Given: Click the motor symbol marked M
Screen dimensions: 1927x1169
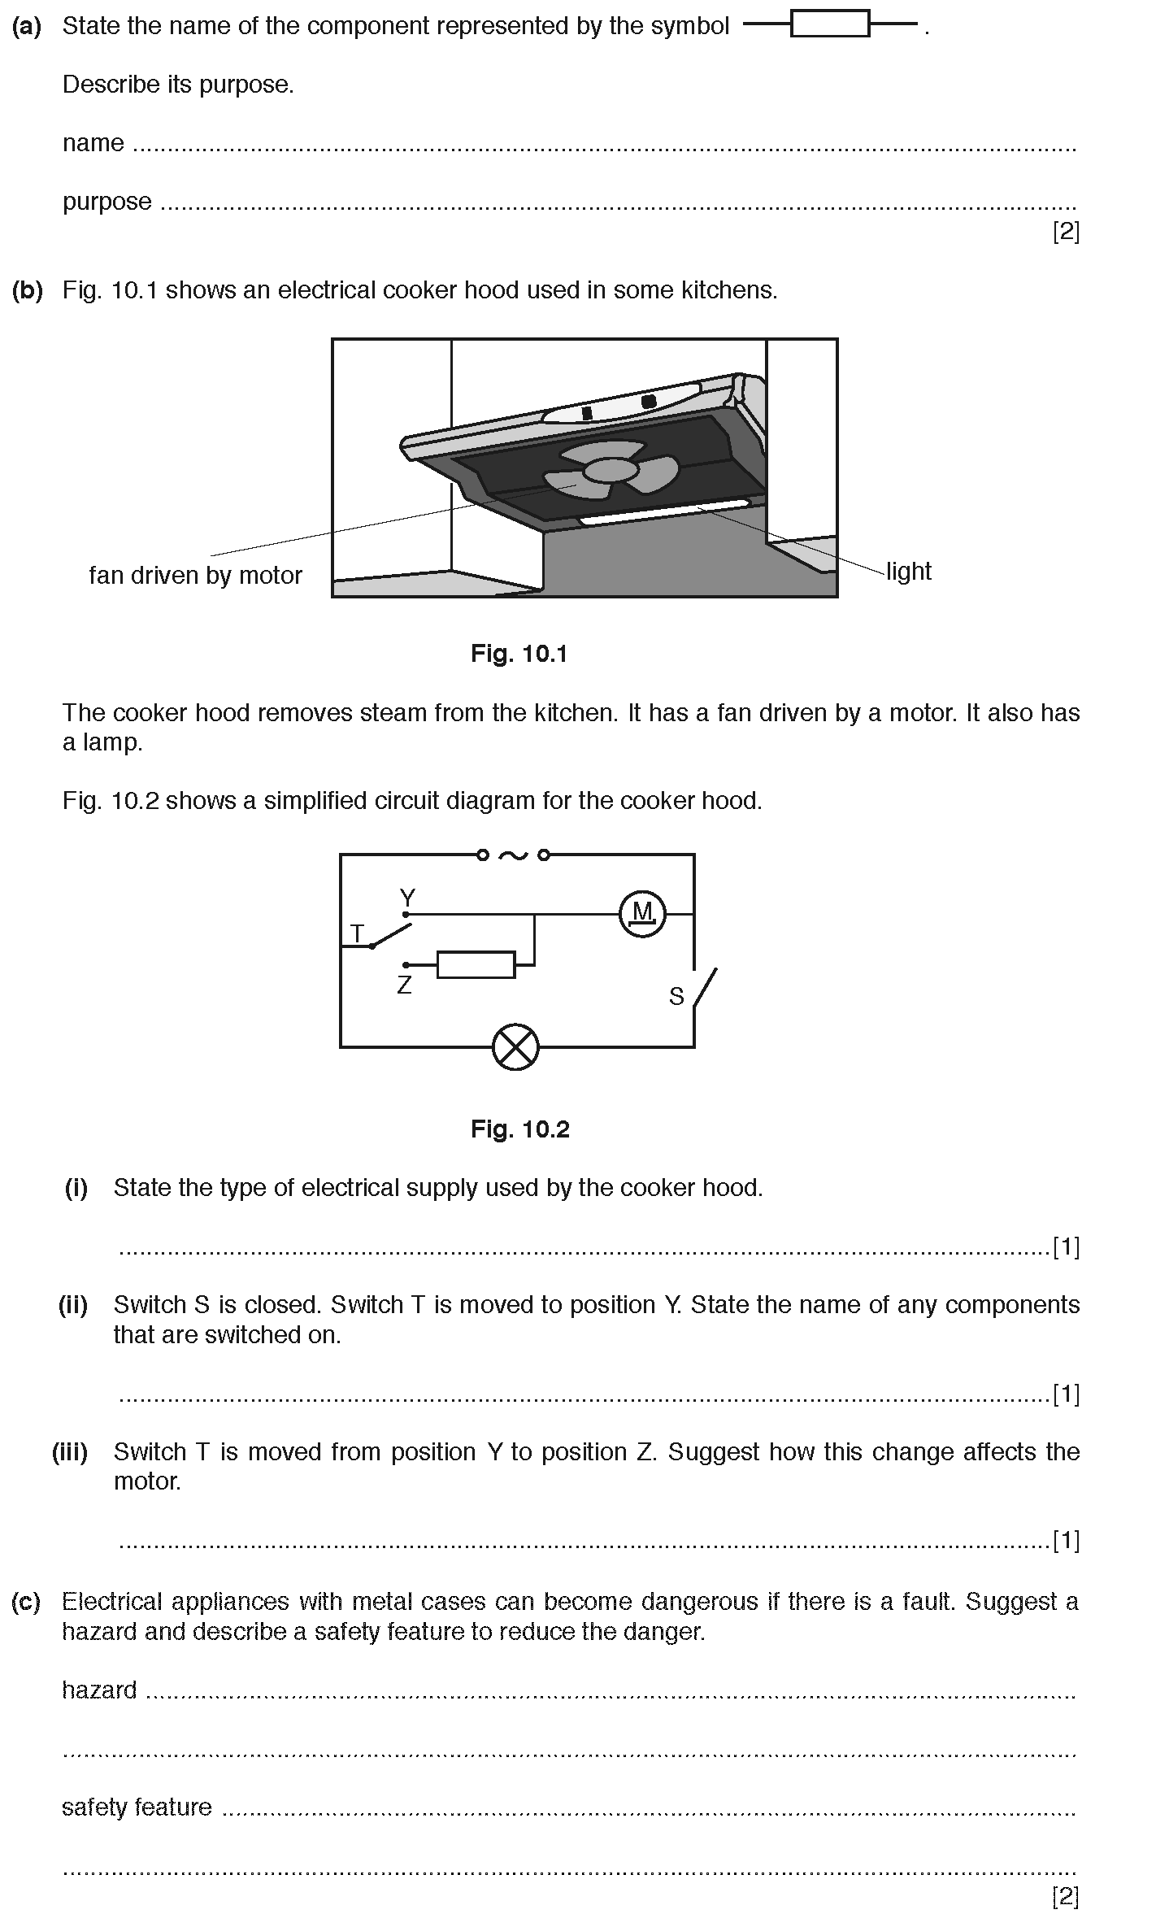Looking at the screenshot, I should click(x=642, y=914).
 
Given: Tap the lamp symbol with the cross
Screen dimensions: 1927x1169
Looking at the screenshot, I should click(x=515, y=1047).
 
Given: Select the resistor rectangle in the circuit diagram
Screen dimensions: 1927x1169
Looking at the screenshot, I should click(x=476, y=965).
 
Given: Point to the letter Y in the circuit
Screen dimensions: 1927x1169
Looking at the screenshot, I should click(x=407, y=898).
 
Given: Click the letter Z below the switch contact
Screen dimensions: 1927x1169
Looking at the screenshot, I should click(x=404, y=985).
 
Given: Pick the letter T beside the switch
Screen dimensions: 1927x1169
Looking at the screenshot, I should click(x=357, y=933).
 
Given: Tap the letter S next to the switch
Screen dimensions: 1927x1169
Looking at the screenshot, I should click(x=676, y=996).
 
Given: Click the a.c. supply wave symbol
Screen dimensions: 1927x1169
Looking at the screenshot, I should click(x=513, y=855).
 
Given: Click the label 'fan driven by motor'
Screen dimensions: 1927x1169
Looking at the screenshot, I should click(x=195, y=576).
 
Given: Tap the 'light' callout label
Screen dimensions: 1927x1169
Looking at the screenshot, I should click(x=908, y=572).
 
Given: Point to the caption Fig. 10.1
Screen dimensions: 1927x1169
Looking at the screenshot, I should click(x=519, y=654).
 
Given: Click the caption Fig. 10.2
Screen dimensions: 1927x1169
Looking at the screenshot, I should click(x=519, y=1129).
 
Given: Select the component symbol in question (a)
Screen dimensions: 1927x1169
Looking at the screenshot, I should click(x=830, y=25).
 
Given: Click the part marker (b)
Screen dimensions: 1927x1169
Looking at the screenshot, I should click(x=27, y=290).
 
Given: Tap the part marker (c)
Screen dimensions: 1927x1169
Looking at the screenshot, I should click(x=26, y=1602).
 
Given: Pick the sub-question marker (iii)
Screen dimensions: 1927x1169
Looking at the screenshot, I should click(x=71, y=1452).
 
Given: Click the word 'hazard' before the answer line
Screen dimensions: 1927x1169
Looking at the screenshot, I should click(x=99, y=1690).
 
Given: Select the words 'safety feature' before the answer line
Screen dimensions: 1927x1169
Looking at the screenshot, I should click(x=137, y=1807).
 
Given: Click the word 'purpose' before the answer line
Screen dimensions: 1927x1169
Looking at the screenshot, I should click(x=107, y=202).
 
